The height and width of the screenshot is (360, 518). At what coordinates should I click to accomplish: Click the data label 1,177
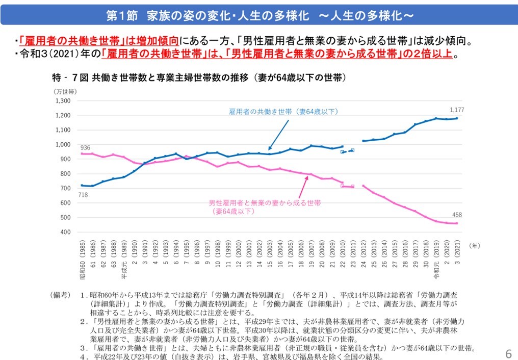(x=457, y=110)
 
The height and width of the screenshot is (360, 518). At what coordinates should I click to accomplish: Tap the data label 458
(x=457, y=215)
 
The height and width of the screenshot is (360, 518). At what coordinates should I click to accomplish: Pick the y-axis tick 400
(x=65, y=232)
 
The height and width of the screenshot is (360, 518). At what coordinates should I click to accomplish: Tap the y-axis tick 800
(x=65, y=174)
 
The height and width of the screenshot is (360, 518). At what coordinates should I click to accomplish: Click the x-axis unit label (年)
(x=474, y=246)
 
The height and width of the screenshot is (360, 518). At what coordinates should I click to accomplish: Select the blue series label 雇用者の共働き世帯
(x=283, y=111)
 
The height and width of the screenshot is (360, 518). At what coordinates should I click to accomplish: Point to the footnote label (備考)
(x=60, y=295)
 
